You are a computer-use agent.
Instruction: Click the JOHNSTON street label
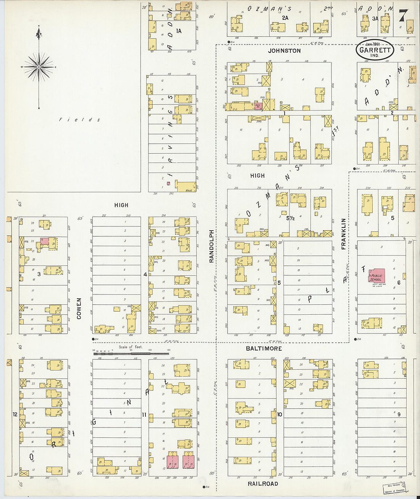(x=284, y=50)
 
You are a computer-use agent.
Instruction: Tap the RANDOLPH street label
(x=211, y=246)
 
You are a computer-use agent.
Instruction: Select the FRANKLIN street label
(x=343, y=234)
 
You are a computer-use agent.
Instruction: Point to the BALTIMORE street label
(x=264, y=348)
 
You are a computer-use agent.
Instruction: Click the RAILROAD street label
(x=263, y=484)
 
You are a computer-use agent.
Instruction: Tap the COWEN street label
(x=79, y=309)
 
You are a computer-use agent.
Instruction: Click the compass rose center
(x=39, y=67)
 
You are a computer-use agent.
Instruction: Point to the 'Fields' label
(x=79, y=120)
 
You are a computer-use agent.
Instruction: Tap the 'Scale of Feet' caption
(x=130, y=347)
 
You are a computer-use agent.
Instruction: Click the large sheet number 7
(x=402, y=16)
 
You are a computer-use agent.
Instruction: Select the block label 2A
(x=285, y=18)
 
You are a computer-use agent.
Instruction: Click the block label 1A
(x=178, y=31)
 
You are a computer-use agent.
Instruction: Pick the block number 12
(x=15, y=414)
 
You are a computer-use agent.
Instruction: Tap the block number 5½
(x=290, y=218)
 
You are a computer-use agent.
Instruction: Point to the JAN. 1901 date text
(x=372, y=44)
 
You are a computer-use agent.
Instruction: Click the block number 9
(x=399, y=414)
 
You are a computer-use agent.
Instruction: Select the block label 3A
(x=375, y=18)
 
